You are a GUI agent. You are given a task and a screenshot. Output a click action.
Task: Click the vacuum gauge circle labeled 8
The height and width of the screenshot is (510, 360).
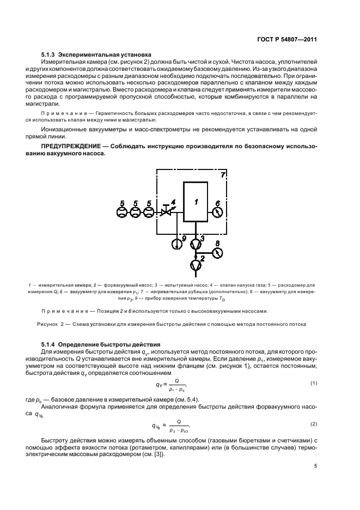click(x=217, y=253)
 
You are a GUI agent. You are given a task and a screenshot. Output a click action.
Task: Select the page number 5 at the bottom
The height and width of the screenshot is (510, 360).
click(x=315, y=466)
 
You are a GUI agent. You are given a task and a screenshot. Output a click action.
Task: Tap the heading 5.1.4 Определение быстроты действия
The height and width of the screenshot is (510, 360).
click(x=101, y=345)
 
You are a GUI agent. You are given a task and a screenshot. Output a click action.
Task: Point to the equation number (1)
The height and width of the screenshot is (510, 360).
click(x=313, y=383)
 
